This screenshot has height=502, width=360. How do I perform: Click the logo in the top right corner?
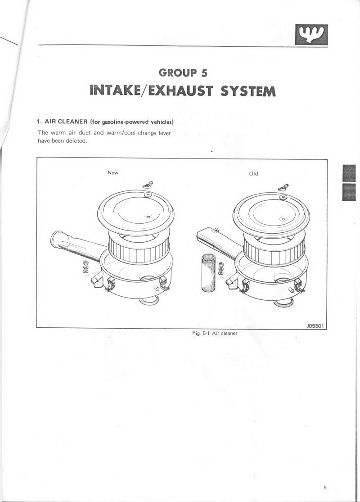[311, 34]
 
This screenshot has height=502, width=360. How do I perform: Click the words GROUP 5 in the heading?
[183, 72]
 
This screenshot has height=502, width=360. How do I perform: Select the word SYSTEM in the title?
[248, 91]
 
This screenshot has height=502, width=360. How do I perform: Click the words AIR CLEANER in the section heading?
[66, 122]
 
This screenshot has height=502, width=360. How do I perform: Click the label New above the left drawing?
[113, 172]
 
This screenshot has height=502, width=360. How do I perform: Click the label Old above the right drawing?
[253, 174]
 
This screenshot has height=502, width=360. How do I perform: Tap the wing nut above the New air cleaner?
[148, 185]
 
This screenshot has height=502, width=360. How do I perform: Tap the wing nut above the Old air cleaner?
[283, 187]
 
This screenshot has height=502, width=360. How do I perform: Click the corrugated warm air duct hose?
[210, 273]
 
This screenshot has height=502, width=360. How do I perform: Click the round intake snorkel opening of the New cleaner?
[56, 238]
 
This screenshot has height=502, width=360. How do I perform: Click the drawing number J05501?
[315, 326]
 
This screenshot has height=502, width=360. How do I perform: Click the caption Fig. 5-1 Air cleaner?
[215, 333]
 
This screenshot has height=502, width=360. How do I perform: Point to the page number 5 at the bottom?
[325, 488]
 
